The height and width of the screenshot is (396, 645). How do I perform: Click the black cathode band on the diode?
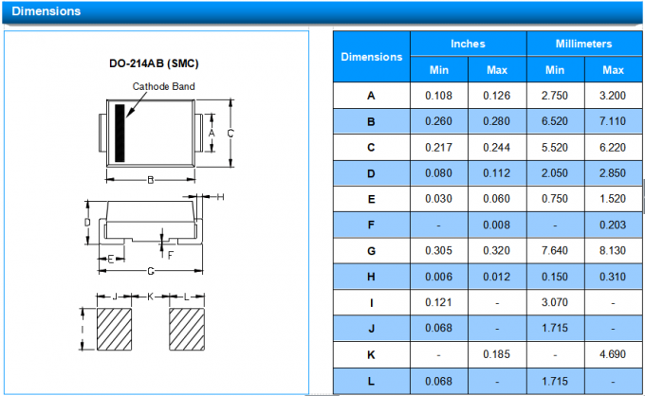click(x=120, y=133)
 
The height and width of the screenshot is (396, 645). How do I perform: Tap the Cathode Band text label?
click(x=163, y=86)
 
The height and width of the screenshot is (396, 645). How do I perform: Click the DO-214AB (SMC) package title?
click(x=154, y=63)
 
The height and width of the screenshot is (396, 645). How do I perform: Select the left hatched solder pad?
click(x=115, y=330)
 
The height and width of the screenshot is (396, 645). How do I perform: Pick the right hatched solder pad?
click(x=187, y=330)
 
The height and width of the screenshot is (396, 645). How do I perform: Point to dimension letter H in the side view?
click(x=220, y=197)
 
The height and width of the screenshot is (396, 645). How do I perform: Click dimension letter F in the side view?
click(x=171, y=256)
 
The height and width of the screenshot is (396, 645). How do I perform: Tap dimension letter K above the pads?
click(x=150, y=297)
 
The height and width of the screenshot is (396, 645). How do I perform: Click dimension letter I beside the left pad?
click(x=83, y=330)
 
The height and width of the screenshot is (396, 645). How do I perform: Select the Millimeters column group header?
click(x=583, y=44)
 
